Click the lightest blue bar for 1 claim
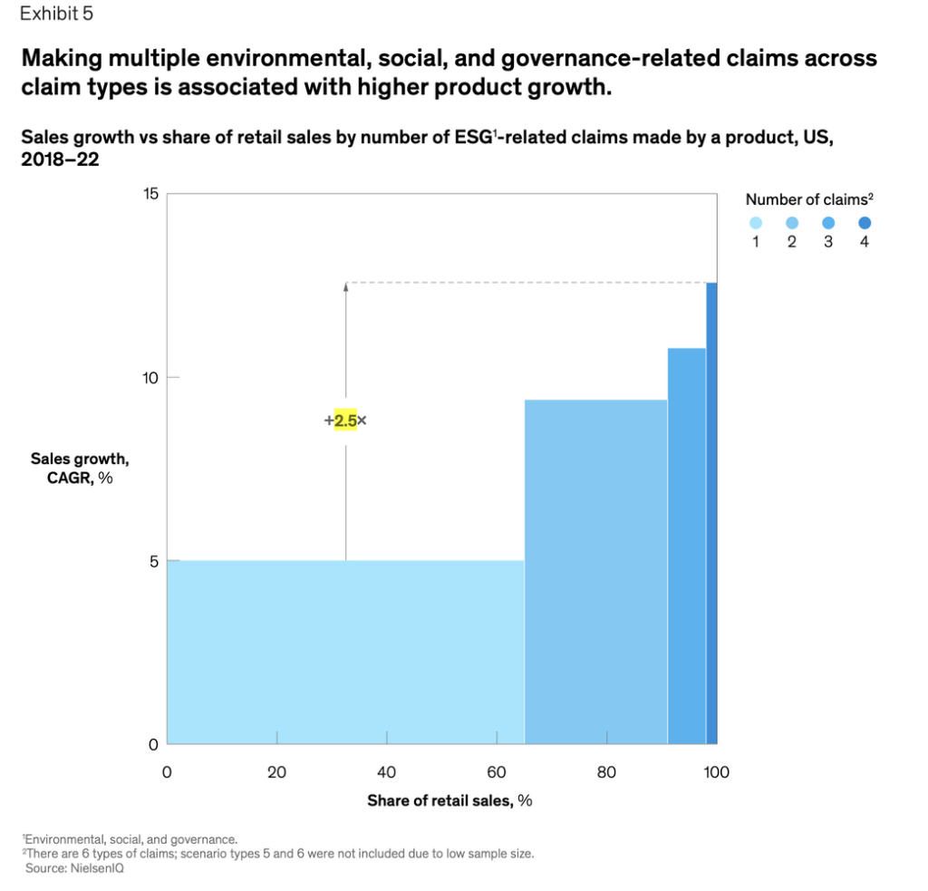[344, 653]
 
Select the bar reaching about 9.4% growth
[595, 571]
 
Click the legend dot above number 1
[756, 223]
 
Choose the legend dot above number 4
[865, 223]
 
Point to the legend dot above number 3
[828, 223]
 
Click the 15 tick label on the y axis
[150, 194]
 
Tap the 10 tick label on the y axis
[150, 377]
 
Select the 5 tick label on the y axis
[153, 561]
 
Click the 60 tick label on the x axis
[497, 773]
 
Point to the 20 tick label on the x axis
[276, 773]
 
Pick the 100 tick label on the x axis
[716, 773]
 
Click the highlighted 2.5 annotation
[345, 421]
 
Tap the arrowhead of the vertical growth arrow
[345, 286]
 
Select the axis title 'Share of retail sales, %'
[449, 800]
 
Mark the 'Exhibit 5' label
[56, 14]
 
